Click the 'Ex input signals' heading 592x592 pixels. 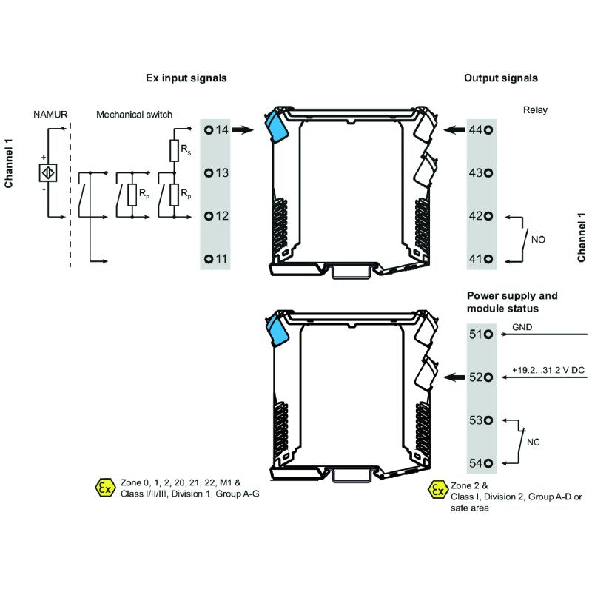185,78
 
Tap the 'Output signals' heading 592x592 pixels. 501,78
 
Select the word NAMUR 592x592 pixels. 50,115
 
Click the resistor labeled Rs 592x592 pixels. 175,151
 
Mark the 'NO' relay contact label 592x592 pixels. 538,240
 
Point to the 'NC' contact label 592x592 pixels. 533,443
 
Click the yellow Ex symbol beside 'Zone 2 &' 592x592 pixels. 438,489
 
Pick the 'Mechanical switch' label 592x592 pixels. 134,115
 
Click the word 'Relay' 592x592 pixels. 535,110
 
